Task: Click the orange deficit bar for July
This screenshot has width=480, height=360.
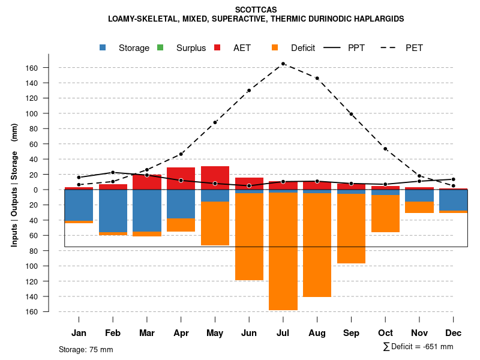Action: click(283, 251)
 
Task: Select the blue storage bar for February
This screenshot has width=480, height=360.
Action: click(113, 211)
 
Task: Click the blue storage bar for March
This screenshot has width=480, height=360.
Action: click(147, 211)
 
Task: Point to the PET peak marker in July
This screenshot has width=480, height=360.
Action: click(283, 64)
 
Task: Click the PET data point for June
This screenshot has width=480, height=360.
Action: click(249, 91)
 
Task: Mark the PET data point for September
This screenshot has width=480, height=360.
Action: click(352, 113)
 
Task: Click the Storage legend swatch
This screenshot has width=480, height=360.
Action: click(104, 48)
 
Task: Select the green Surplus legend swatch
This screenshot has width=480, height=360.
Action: click(161, 48)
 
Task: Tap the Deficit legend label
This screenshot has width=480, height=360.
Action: click(302, 48)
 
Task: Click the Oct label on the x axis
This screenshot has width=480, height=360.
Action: click(385, 333)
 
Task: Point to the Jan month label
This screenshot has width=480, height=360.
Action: click(79, 333)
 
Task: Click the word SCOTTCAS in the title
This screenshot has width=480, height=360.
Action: click(256, 10)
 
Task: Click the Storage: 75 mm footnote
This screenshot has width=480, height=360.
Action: click(86, 349)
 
